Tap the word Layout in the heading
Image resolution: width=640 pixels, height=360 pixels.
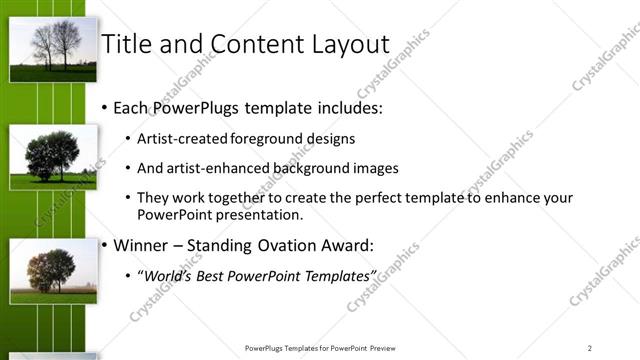coord(345,44)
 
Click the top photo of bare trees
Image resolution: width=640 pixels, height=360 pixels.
coord(53,49)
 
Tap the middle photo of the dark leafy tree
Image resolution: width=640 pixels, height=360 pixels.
coord(53,157)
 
